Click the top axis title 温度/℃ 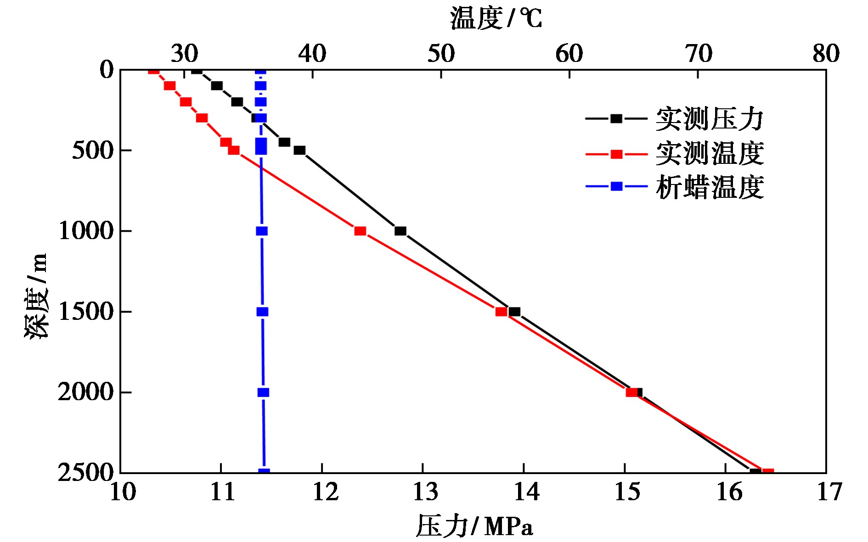point(496,18)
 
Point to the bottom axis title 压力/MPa point(474,526)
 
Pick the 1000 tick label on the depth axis point(86,231)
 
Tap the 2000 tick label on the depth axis point(86,392)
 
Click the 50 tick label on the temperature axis point(441,54)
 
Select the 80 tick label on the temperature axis point(826,54)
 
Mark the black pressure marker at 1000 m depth point(400,231)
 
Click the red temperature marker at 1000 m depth point(360,231)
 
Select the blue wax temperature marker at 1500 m point(262,312)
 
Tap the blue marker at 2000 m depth point(263,392)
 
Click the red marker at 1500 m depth point(501,312)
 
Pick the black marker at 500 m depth point(299,150)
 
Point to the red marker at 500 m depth point(234,150)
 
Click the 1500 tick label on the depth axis point(86,312)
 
